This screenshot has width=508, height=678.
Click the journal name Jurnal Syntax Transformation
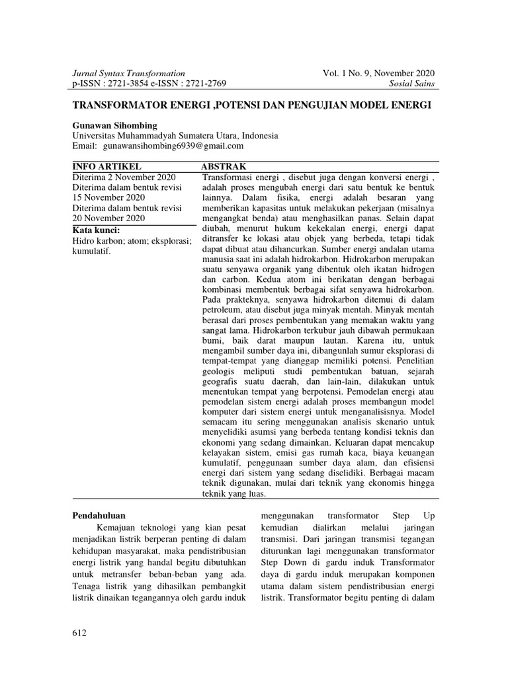tap(128, 73)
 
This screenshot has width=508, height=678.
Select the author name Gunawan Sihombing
tap(113, 125)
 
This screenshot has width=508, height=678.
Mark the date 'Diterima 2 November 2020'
tap(124, 177)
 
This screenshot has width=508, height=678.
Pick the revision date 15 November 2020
tap(108, 197)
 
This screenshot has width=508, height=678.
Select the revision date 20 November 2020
tap(108, 218)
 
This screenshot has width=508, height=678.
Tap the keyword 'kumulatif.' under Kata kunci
tap(92, 251)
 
